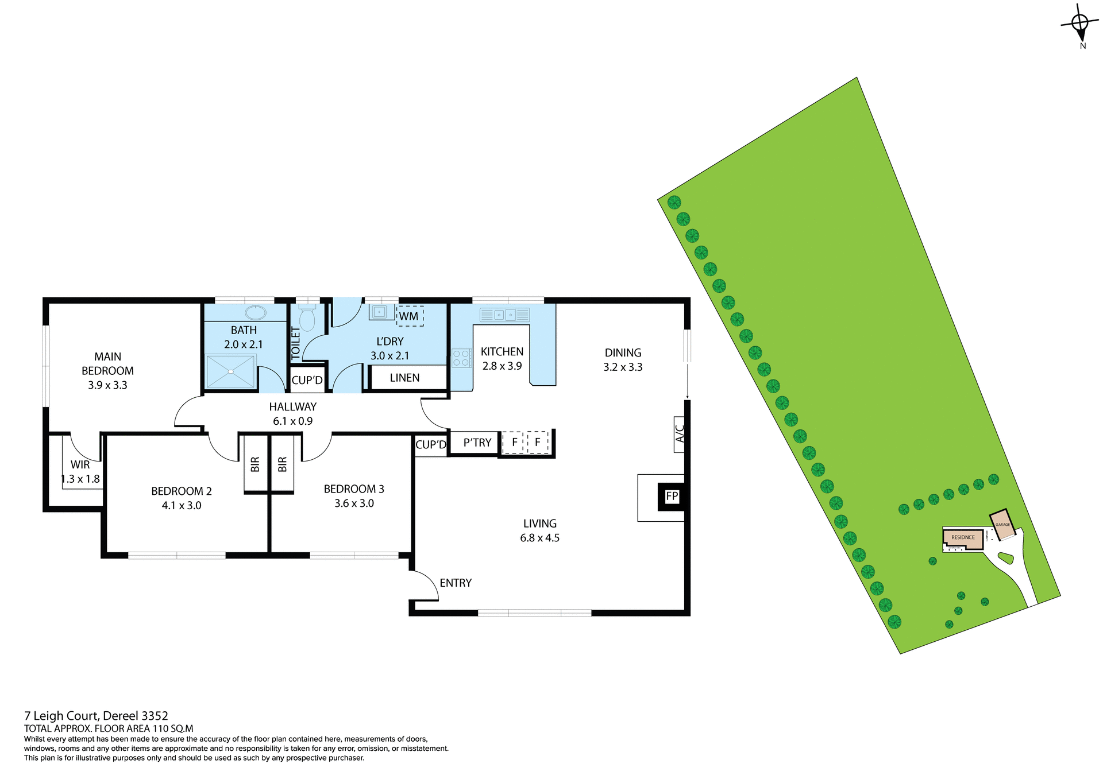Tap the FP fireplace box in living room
point(672,497)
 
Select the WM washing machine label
point(409,316)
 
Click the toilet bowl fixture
point(307,319)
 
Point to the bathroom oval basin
point(255,313)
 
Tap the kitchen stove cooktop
point(461,358)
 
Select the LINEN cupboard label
point(404,378)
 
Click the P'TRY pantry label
point(477,443)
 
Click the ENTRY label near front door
point(456,583)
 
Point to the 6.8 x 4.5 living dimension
point(539,538)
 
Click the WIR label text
point(80,464)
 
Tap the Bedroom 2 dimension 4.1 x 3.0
point(182,506)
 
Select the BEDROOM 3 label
point(354,489)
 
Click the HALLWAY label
point(293,406)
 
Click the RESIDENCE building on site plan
point(963,538)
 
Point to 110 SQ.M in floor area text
point(172,728)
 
